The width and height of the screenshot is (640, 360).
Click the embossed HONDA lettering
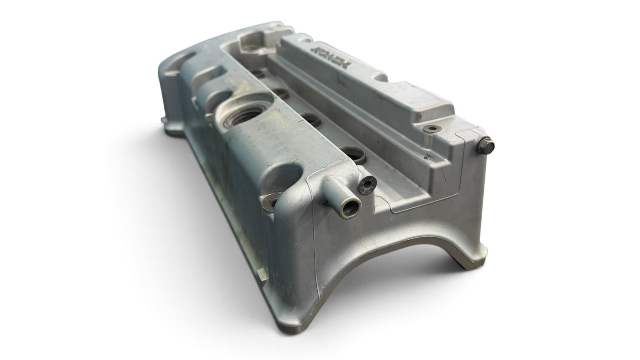(333, 56)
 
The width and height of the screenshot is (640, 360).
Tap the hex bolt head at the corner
(485, 146)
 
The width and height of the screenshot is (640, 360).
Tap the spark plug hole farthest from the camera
(259, 74)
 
